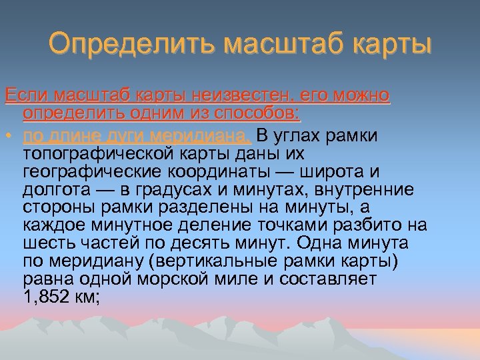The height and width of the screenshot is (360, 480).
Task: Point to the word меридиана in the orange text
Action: tap(199, 137)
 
